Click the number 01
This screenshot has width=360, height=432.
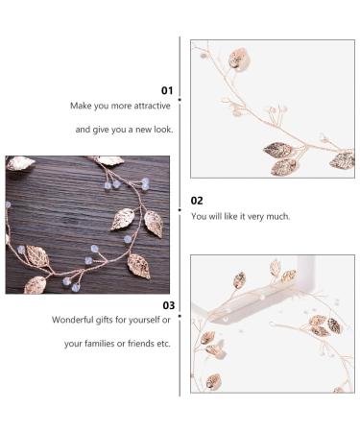167,90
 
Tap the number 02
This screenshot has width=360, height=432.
197,201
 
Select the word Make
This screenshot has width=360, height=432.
79,106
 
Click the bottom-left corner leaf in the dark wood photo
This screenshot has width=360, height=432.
35,284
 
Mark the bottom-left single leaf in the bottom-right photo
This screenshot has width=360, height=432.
213,380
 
